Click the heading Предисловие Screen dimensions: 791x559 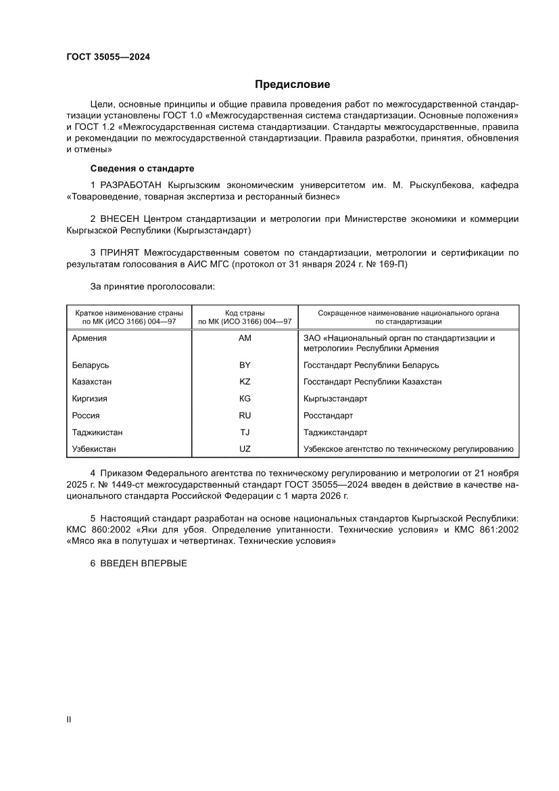[x=292, y=85]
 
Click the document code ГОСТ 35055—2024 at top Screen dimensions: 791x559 [x=108, y=57]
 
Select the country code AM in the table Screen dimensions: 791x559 [x=245, y=338]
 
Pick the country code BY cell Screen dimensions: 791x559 [x=245, y=365]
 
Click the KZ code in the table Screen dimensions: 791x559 [x=245, y=382]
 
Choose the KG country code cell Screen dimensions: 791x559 [x=245, y=399]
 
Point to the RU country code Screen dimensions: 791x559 [x=245, y=415]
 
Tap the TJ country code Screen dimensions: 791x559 [x=245, y=432]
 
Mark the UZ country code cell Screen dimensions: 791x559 [x=245, y=449]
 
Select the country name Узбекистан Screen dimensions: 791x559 [x=94, y=449]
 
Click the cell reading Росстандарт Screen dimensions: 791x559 [x=329, y=415]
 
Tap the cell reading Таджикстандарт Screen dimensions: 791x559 [x=336, y=432]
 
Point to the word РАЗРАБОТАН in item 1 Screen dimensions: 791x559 [x=131, y=185]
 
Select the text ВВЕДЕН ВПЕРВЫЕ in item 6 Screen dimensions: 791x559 [x=143, y=564]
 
